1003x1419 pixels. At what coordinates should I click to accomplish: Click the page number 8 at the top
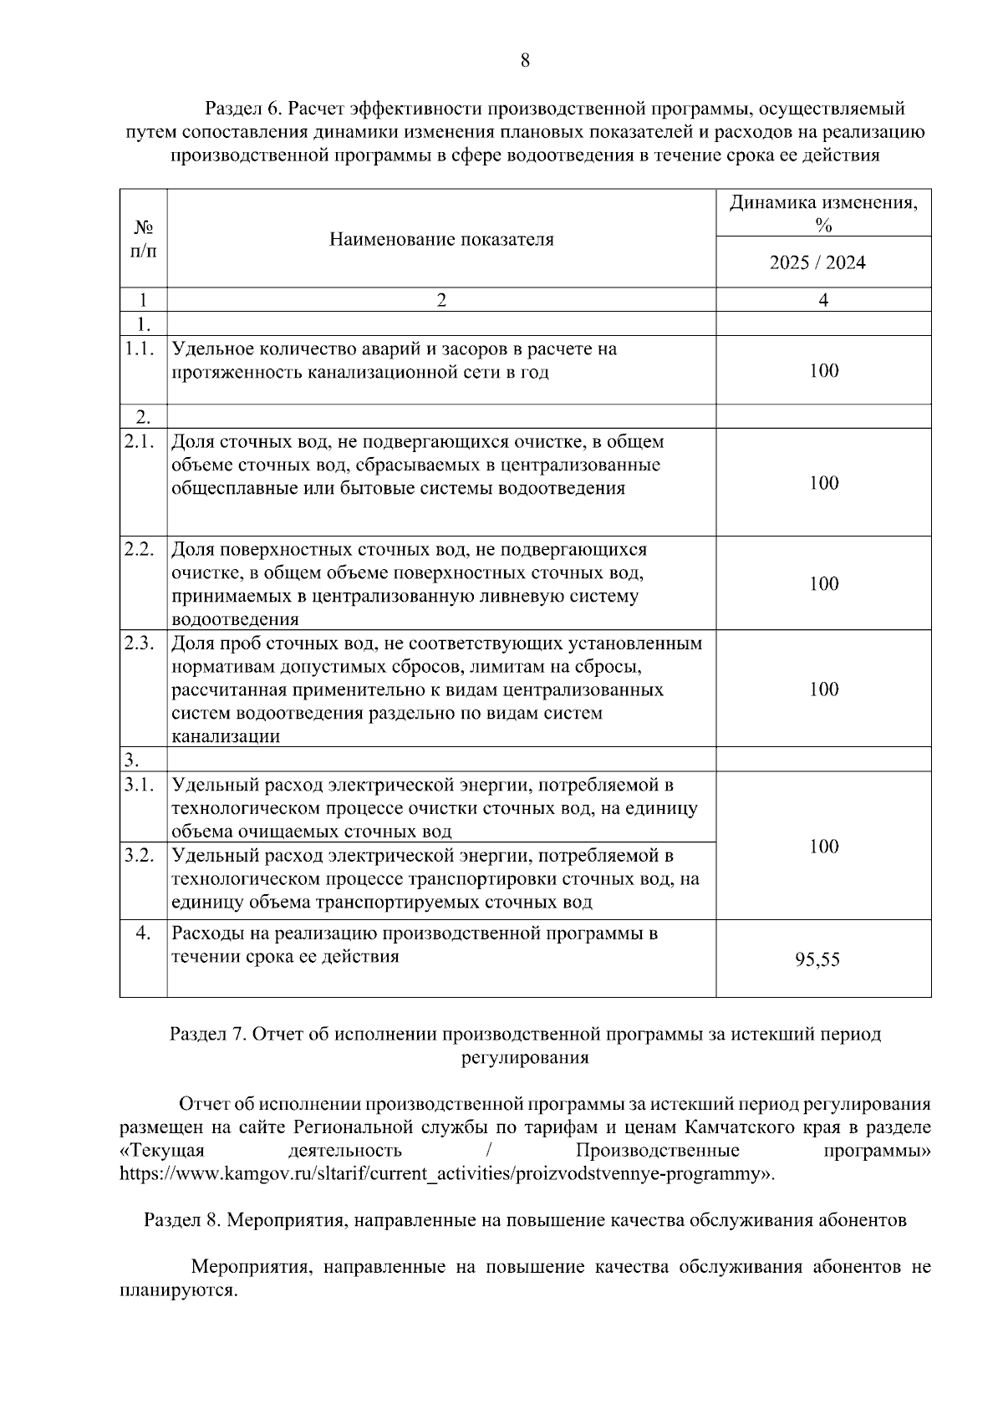[525, 60]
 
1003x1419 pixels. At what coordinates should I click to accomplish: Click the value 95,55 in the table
[817, 960]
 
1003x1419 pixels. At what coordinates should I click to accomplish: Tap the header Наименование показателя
[441, 240]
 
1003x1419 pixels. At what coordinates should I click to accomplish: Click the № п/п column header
[144, 239]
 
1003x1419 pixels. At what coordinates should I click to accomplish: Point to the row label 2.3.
[139, 643]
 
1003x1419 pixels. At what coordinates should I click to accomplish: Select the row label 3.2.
[139, 856]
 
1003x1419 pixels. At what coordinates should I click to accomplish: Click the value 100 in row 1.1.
[823, 370]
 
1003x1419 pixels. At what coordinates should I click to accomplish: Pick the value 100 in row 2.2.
[823, 583]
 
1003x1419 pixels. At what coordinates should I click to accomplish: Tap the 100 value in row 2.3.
[823, 689]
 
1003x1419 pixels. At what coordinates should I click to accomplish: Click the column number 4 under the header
[823, 300]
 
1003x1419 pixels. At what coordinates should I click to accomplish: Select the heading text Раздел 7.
[207, 1035]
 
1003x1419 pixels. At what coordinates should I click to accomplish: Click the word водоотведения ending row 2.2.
[235, 620]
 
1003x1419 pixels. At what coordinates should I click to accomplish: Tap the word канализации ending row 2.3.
[226, 737]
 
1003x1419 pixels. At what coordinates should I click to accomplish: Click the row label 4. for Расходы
[144, 933]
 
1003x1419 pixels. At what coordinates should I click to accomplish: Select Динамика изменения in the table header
[822, 204]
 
